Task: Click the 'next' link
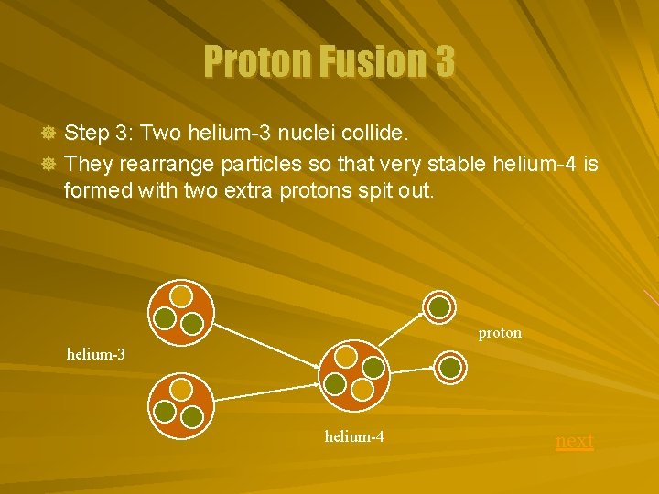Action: coord(575,441)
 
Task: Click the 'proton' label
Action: coord(500,333)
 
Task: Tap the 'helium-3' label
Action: coord(96,353)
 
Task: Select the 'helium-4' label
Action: coord(353,436)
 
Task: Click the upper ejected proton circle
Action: coord(440,306)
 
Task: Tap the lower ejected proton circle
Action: coord(450,367)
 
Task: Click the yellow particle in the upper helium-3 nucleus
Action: coord(182,295)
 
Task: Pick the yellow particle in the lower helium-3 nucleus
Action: coord(182,392)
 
